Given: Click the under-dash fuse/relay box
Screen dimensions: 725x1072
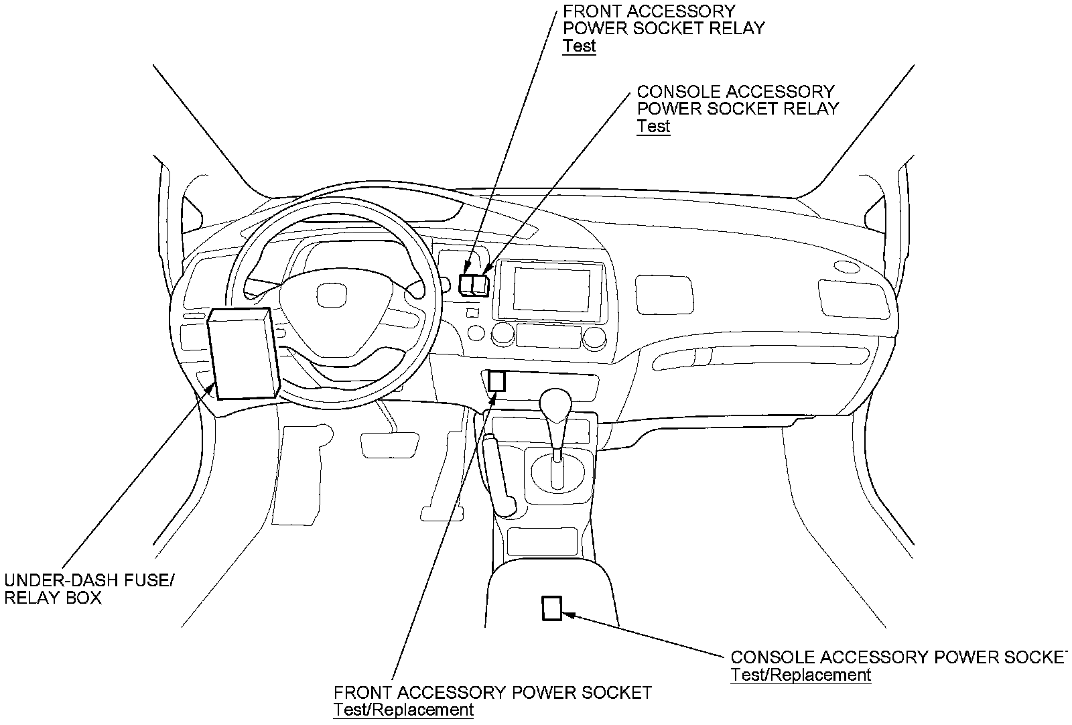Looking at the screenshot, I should click(243, 353).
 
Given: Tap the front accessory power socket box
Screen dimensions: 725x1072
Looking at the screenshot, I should click(496, 381).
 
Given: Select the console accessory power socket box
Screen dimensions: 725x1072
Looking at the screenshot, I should click(551, 608).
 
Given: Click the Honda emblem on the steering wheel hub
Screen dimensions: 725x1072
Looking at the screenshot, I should click(329, 294).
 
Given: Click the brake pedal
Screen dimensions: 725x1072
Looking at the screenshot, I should click(385, 444).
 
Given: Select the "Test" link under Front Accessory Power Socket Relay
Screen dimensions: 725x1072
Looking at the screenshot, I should click(580, 46).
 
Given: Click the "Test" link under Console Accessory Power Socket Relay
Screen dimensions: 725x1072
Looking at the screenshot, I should click(653, 126).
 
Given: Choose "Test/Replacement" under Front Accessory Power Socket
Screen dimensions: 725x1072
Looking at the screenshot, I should click(403, 710).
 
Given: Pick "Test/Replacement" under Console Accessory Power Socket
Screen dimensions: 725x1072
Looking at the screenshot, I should click(801, 675).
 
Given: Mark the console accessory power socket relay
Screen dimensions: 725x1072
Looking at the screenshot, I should click(481, 283).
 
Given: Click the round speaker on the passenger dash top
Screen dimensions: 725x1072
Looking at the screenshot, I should click(847, 267).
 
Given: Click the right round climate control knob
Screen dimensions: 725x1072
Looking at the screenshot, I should click(594, 337).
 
